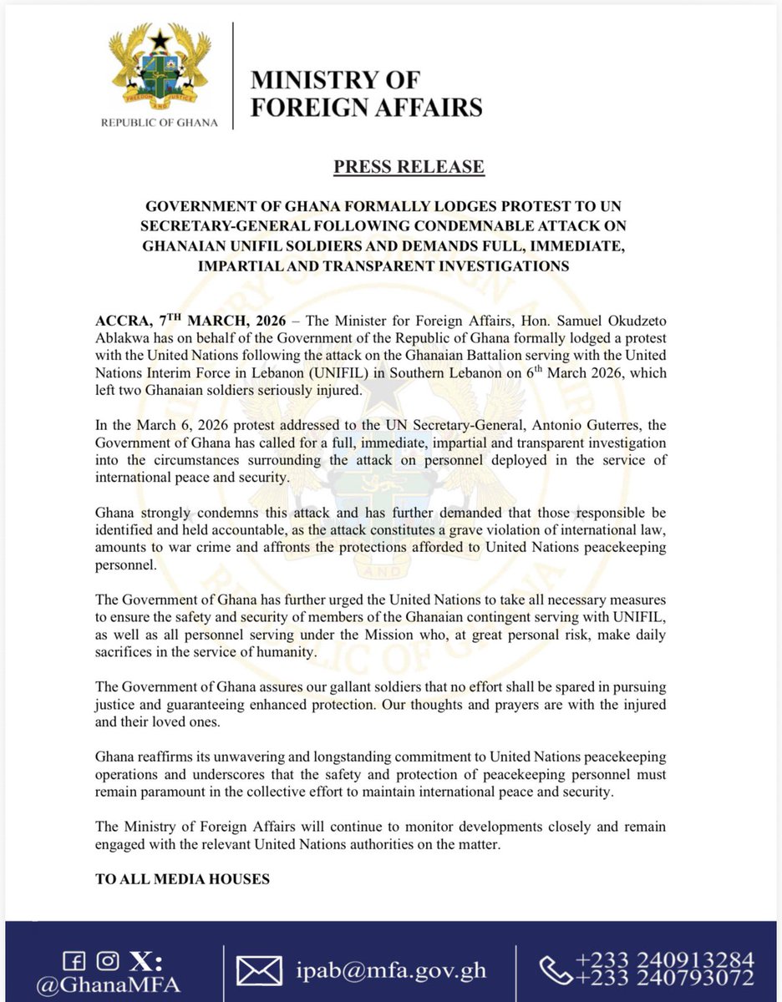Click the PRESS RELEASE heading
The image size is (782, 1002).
pyautogui.click(x=409, y=166)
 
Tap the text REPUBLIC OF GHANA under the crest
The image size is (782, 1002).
pyautogui.click(x=159, y=123)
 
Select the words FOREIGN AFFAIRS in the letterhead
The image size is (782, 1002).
pyautogui.click(x=366, y=107)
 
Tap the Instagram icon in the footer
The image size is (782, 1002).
pyautogui.click(x=107, y=959)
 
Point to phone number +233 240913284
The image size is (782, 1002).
pyautogui.click(x=661, y=959)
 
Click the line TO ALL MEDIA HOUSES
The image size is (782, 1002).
pyautogui.click(x=182, y=879)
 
